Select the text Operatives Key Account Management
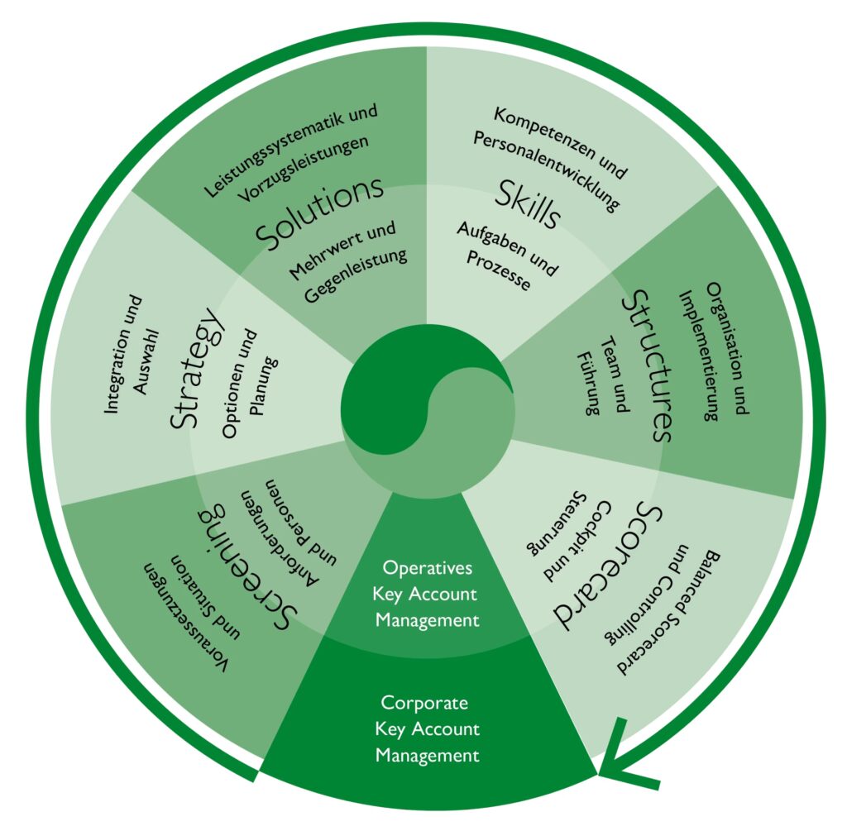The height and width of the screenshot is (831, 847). click(426, 593)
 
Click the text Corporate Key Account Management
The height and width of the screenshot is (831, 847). click(426, 728)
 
